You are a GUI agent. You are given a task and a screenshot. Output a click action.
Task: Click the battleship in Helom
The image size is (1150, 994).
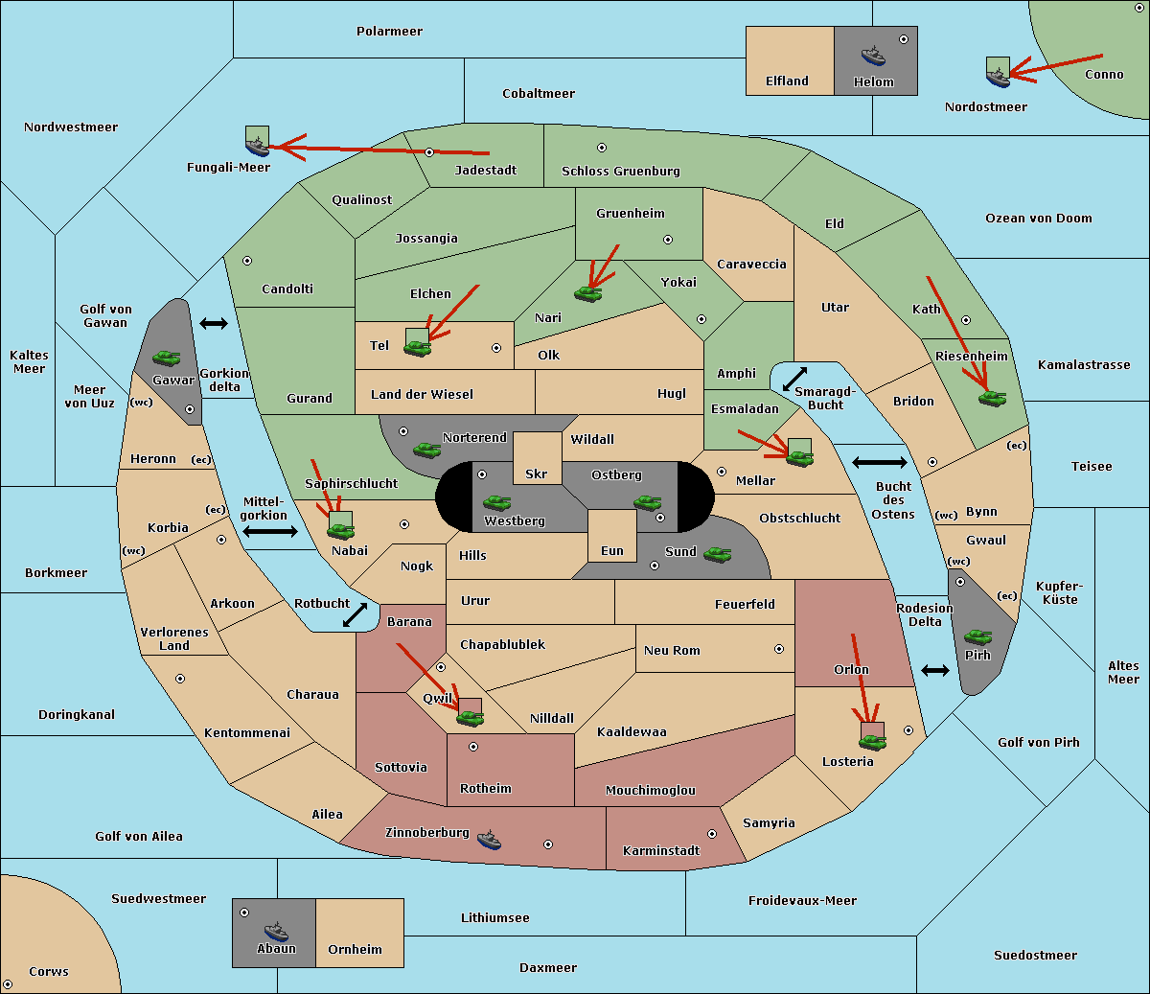tap(873, 56)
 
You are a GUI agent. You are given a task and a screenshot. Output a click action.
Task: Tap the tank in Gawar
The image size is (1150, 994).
tap(166, 358)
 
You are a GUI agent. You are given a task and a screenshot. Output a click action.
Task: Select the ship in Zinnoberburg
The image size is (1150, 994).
tap(489, 840)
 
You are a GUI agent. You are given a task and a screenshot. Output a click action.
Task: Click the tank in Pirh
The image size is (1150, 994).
tap(977, 636)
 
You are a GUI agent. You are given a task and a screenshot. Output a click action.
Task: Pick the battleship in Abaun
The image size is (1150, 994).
tap(276, 931)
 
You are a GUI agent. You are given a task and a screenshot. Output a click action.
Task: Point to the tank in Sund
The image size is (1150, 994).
tap(717, 554)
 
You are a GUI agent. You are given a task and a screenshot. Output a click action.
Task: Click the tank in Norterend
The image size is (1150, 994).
tap(426, 450)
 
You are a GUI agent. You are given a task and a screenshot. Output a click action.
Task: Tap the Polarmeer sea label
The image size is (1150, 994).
tap(389, 32)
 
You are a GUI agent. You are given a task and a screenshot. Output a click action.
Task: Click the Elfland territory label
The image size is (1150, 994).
tap(787, 81)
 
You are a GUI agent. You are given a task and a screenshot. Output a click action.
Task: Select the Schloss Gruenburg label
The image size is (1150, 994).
tap(620, 171)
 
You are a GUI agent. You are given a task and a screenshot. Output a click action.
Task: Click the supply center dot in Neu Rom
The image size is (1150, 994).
tap(779, 649)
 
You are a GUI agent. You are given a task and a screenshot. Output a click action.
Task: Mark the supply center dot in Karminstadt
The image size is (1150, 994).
tap(712, 834)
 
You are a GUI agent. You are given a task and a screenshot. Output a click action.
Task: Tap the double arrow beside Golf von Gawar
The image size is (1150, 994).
tap(214, 323)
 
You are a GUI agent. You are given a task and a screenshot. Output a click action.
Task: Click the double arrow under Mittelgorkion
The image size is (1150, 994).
tap(270, 531)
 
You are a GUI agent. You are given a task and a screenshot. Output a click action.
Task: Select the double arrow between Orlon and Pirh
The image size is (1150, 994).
tap(935, 670)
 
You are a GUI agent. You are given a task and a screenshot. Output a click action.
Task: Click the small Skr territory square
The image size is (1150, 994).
tap(537, 458)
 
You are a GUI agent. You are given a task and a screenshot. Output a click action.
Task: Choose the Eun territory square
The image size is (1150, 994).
tap(612, 536)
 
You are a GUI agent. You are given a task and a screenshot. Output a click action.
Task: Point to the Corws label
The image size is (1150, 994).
tap(49, 972)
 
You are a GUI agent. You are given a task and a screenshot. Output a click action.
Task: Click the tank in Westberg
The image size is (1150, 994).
tap(496, 502)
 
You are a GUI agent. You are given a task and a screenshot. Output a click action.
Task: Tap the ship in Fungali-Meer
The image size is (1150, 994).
tap(257, 147)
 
